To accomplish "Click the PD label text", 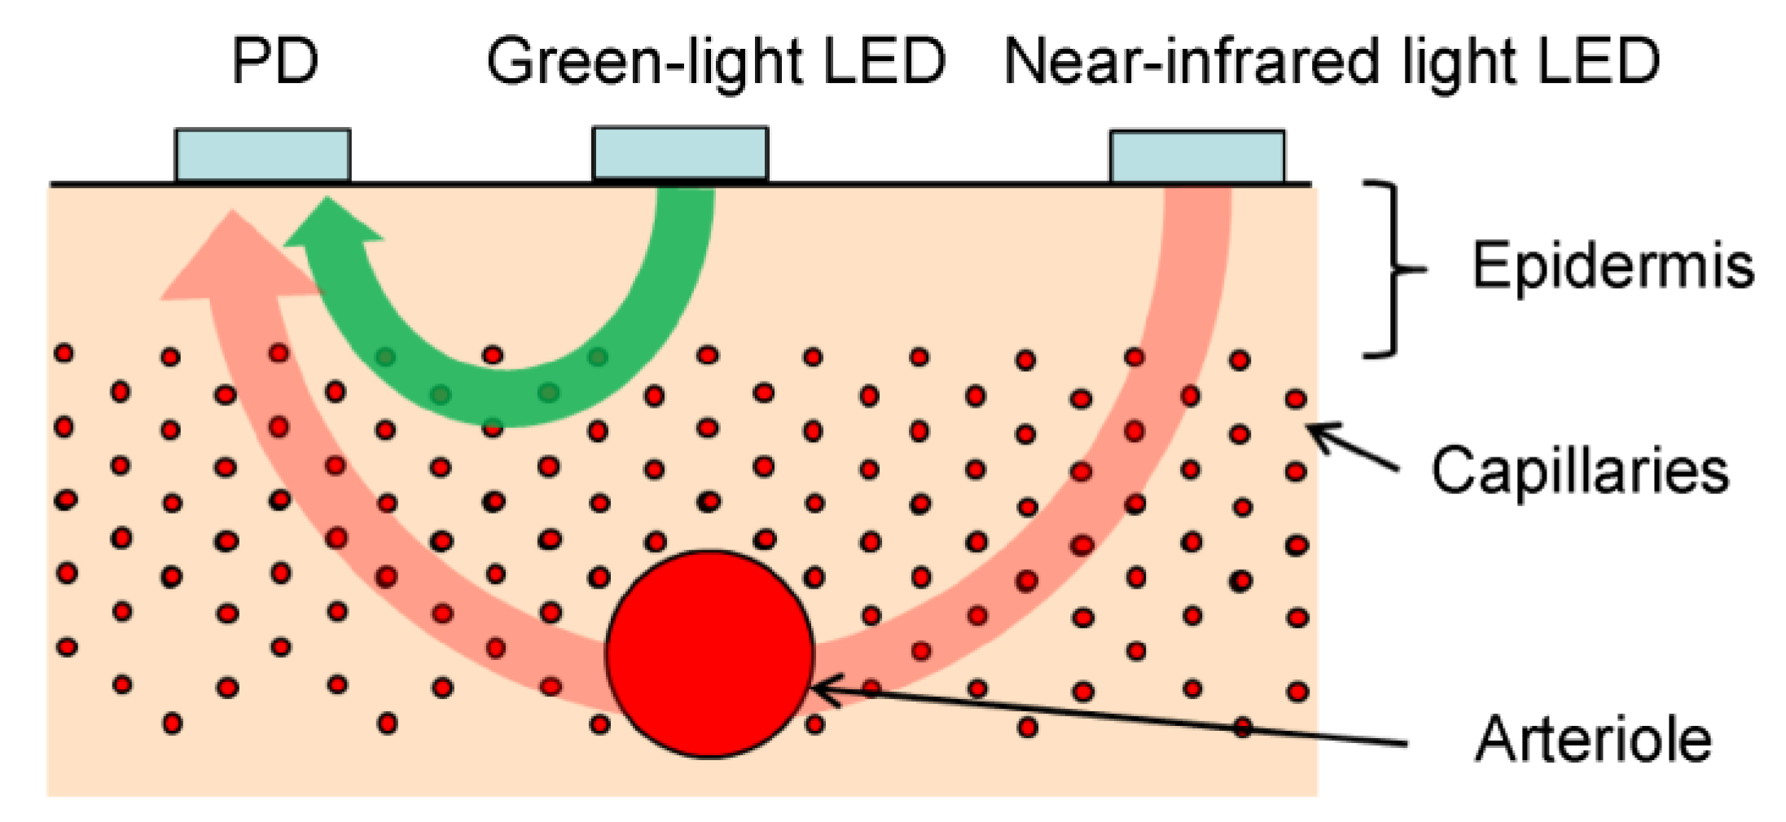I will pyautogui.click(x=274, y=61).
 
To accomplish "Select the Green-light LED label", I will pyautogui.click(x=715, y=61).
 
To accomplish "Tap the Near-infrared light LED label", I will pyautogui.click(x=1332, y=61).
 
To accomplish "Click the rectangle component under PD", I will pyautogui.click(x=262, y=155).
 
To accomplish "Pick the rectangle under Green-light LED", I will pyautogui.click(x=680, y=153).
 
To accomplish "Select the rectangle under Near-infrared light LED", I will pyautogui.click(x=1197, y=156).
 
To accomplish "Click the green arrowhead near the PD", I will pyautogui.click(x=330, y=224).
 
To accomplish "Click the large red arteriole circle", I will pyautogui.click(x=709, y=654).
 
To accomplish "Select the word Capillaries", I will pyautogui.click(x=1580, y=470).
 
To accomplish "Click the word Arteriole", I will pyautogui.click(x=1593, y=739).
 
